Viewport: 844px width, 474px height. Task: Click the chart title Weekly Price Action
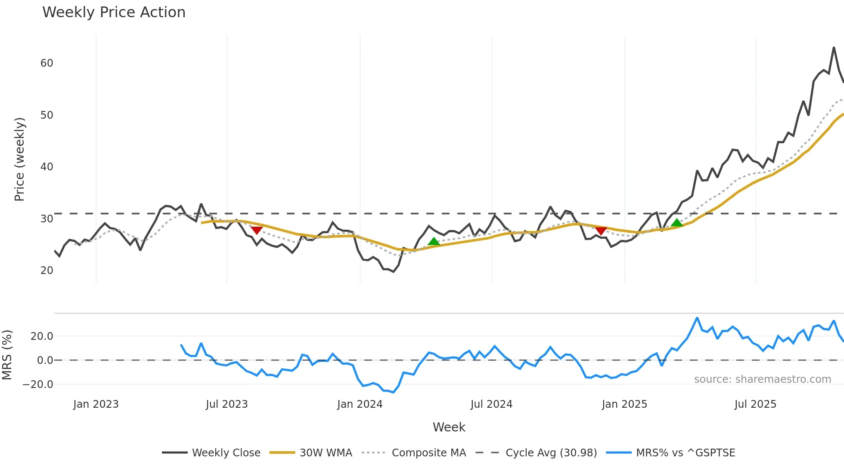[114, 12]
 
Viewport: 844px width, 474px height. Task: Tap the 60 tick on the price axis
[47, 63]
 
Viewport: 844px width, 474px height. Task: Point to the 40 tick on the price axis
[47, 167]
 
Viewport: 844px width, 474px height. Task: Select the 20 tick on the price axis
[47, 271]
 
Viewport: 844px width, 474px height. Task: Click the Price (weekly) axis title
[19, 159]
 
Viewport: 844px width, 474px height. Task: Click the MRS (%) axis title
[7, 355]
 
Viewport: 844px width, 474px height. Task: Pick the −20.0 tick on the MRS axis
[38, 385]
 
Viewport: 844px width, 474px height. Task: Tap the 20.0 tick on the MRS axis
[42, 336]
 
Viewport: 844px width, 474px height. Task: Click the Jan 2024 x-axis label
[360, 404]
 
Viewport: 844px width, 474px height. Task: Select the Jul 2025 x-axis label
[755, 404]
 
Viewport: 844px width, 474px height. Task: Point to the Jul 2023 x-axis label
[227, 404]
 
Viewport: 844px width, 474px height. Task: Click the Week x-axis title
[449, 427]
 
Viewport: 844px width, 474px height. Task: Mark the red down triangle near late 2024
[601, 231]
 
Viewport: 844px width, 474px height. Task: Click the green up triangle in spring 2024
[434, 241]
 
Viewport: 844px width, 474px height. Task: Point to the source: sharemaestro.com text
[762, 379]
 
